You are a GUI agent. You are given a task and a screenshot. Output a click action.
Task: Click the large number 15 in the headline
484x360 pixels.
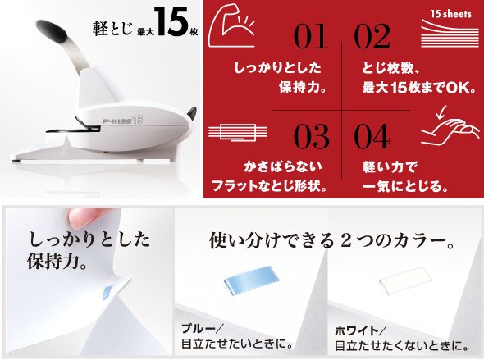(171, 21)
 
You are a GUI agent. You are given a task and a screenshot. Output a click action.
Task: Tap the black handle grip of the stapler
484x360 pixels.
(52, 31)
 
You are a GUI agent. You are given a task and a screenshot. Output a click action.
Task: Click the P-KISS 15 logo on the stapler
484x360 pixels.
(123, 120)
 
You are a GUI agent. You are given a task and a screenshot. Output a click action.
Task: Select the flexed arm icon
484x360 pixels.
(231, 26)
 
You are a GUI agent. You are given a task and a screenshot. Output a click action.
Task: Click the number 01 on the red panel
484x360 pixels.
(311, 36)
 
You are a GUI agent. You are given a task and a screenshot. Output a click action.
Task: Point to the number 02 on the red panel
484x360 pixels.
(372, 36)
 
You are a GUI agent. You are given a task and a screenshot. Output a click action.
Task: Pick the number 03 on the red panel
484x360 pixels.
(311, 136)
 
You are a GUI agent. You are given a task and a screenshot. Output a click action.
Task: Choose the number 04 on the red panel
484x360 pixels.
(372, 136)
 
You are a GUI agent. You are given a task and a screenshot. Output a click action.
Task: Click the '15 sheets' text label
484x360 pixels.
(451, 14)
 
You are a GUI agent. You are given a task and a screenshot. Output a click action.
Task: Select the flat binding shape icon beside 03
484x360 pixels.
(238, 133)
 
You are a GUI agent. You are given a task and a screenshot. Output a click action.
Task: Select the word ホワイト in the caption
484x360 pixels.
(357, 331)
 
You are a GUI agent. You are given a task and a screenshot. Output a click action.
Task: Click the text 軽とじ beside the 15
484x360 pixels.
(112, 30)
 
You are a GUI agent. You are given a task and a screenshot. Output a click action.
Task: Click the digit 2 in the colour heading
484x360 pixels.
(345, 241)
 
